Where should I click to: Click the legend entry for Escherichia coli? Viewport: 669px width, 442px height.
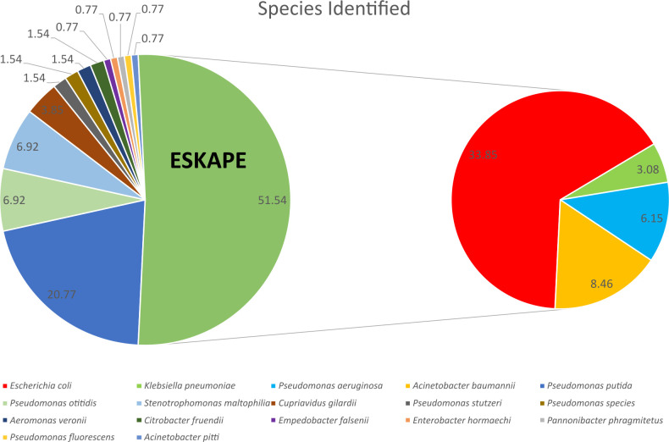click(50, 386)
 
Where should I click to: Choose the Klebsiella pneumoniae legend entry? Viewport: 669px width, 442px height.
click(182, 386)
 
